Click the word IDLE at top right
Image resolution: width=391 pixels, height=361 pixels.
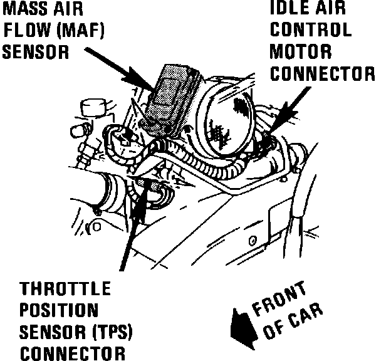click(291, 9)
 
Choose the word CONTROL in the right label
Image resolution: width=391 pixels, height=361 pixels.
click(310, 29)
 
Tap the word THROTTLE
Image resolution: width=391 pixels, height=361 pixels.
click(65, 290)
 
